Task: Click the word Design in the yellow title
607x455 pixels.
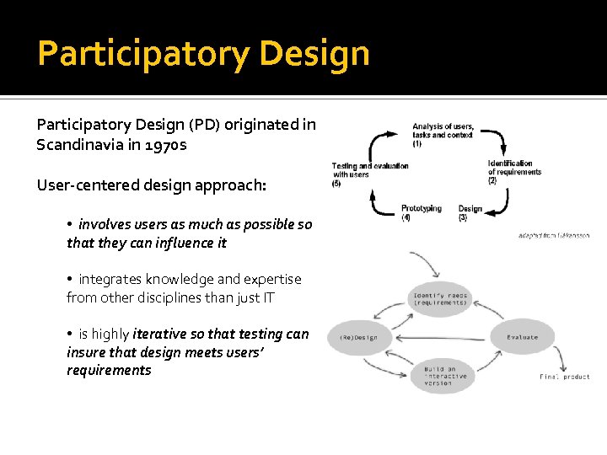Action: click(314, 54)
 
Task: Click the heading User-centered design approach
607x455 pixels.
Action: click(151, 185)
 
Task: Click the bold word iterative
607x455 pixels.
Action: click(166, 334)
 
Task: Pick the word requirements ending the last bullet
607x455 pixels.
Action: click(109, 370)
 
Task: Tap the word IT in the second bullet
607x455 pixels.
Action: click(267, 297)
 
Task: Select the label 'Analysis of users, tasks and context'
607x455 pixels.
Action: click(443, 134)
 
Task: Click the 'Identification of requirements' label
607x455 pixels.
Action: click(513, 170)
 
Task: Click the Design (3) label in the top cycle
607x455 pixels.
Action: click(470, 212)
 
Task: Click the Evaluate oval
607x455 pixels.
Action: click(522, 337)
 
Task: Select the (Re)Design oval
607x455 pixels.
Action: click(359, 338)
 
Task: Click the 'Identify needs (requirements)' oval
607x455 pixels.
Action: click(440, 299)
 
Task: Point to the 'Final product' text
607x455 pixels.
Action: click(565, 377)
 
